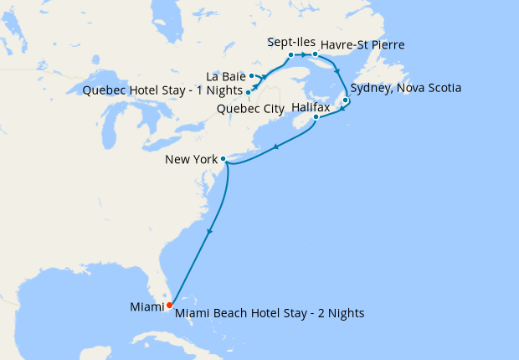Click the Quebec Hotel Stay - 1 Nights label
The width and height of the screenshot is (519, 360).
click(163, 90)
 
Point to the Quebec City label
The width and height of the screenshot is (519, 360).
click(251, 109)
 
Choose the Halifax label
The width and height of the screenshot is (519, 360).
click(311, 108)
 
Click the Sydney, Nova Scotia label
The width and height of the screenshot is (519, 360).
click(406, 87)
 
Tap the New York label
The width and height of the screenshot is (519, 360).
click(191, 159)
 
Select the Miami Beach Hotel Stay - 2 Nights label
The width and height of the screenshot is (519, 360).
click(270, 312)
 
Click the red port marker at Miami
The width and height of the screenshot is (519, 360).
click(170, 305)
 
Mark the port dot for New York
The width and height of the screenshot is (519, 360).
click(223, 158)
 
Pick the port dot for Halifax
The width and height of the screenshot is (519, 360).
click(316, 117)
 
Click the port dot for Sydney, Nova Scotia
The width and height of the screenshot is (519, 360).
click(345, 100)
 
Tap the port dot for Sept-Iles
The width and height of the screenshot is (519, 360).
click(290, 55)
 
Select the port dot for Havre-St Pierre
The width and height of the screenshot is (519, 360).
click(315, 55)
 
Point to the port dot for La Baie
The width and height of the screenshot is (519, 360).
click(251, 76)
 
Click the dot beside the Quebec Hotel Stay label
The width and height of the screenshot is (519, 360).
click(249, 92)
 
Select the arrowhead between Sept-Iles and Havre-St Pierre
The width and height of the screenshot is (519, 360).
click(303, 55)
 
